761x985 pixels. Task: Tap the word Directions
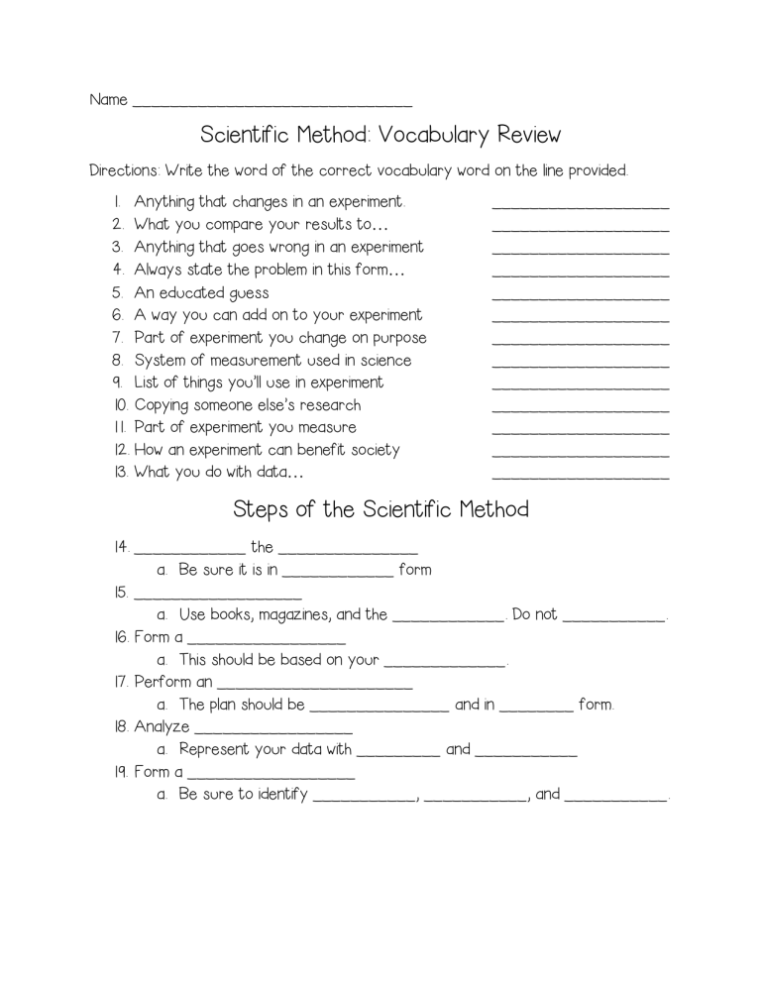pyautogui.click(x=123, y=170)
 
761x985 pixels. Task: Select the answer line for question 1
pyautogui.click(x=580, y=206)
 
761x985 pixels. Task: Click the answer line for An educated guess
pyautogui.click(x=580, y=296)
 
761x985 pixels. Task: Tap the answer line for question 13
pyautogui.click(x=580, y=477)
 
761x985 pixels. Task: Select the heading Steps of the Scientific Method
pyautogui.click(x=380, y=509)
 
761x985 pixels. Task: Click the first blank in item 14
pyautogui.click(x=188, y=551)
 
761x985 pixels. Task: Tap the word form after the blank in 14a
pyautogui.click(x=414, y=570)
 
